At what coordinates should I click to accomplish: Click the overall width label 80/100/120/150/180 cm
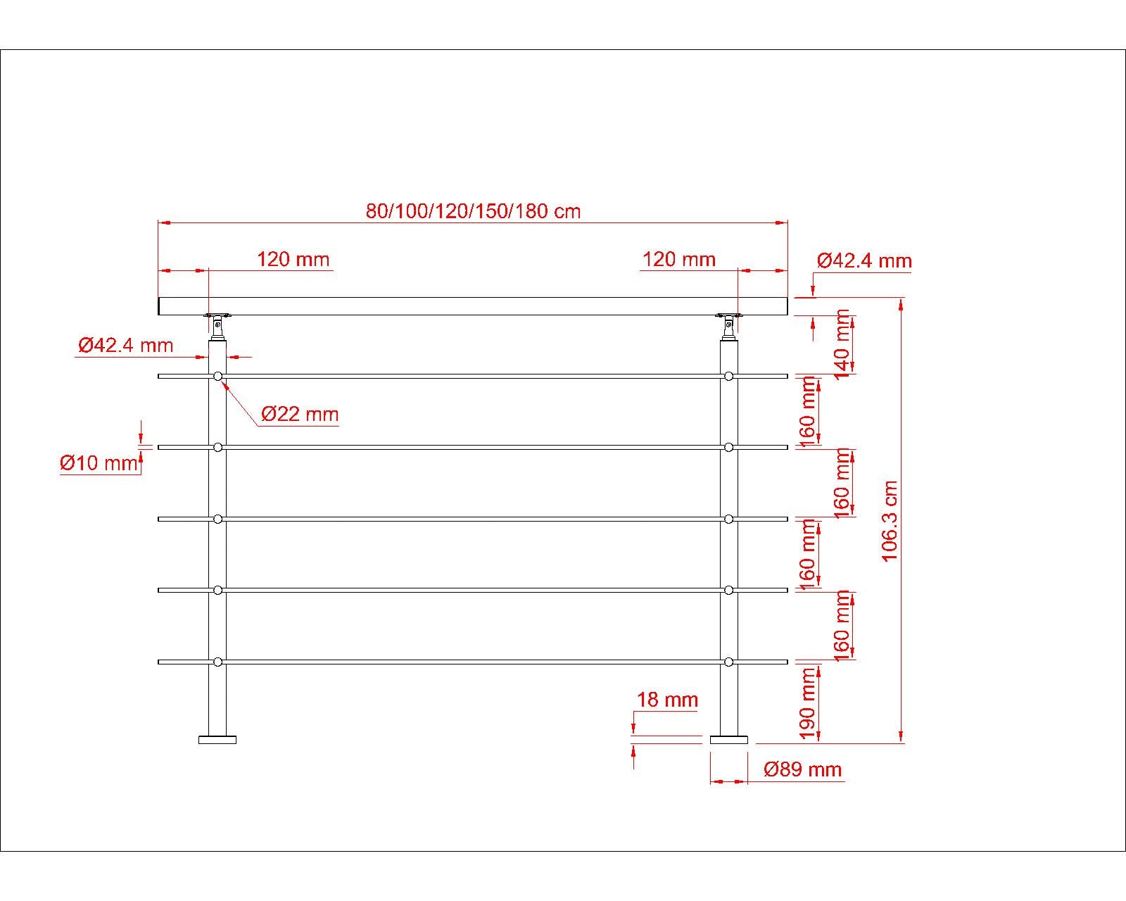coord(473,210)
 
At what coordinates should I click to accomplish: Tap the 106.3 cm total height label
coord(891,521)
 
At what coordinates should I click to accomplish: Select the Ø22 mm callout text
coord(300,414)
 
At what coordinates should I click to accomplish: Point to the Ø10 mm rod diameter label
coord(99,463)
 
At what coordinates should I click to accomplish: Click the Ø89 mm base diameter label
coord(803,769)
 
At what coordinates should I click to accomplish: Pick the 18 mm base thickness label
coord(667,700)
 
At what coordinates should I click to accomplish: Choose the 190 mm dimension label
coord(808,703)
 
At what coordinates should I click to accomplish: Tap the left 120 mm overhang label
coord(293,259)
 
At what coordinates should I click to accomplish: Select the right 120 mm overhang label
coord(678,259)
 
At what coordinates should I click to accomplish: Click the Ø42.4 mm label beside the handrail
coord(864,260)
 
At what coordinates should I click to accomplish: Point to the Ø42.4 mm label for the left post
coord(125,345)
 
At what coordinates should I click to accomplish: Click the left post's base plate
coord(217,740)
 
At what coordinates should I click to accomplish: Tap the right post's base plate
coord(728,740)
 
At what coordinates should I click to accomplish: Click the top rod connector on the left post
coord(217,377)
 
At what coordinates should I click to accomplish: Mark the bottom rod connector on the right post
coord(728,662)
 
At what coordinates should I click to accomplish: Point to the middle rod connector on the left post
coord(217,519)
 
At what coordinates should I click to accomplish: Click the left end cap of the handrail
coord(160,306)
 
